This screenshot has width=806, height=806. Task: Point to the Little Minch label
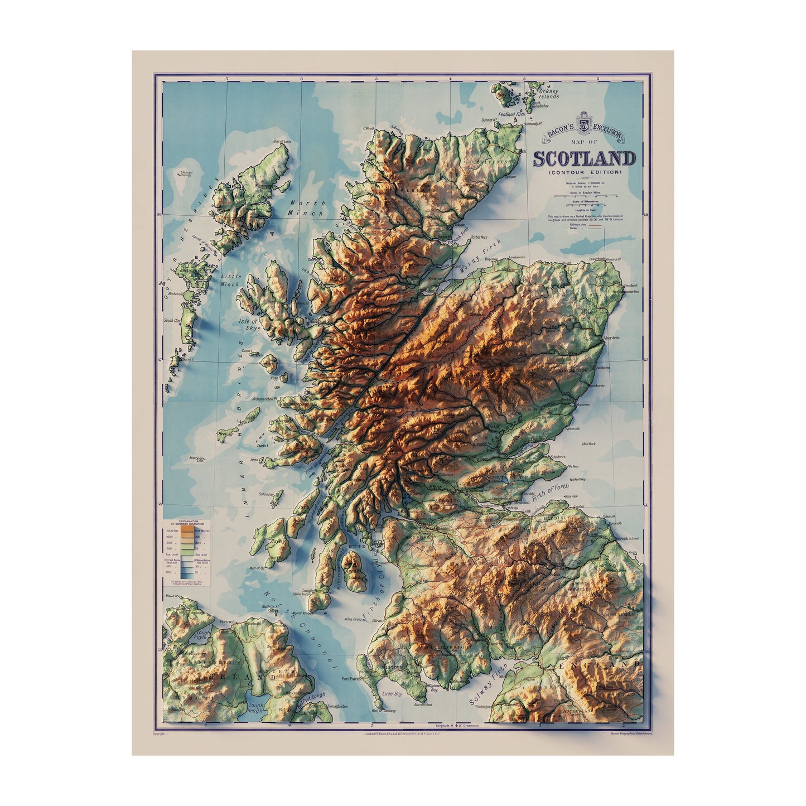(229, 280)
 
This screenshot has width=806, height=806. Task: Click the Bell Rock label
(590, 444)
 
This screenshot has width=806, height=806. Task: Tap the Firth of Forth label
(550, 494)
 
